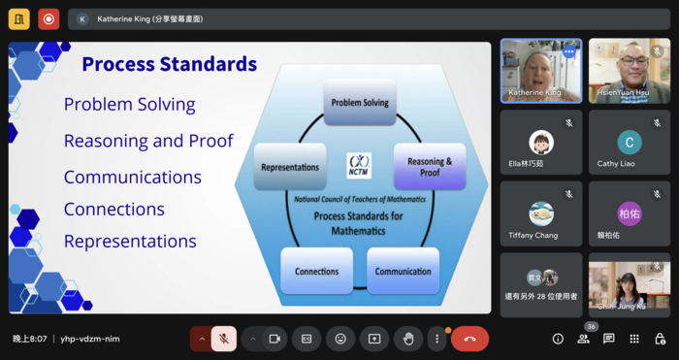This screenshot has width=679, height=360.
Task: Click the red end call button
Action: click(469, 339)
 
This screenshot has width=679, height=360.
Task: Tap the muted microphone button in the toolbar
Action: click(223, 339)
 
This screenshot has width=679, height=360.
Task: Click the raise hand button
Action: click(408, 339)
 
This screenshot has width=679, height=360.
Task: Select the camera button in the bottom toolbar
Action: click(275, 339)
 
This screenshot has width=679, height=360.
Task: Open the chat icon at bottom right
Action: click(608, 339)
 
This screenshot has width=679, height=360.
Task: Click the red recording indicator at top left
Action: click(48, 18)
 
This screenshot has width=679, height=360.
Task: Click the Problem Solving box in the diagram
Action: click(360, 103)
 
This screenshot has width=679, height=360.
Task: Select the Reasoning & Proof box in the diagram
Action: click(429, 167)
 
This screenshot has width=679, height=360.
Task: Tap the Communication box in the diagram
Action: click(403, 271)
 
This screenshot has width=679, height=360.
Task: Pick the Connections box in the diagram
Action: click(316, 271)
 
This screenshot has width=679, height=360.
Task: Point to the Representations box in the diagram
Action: click(290, 167)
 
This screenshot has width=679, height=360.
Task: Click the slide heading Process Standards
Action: click(169, 65)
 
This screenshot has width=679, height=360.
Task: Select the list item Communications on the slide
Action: click(132, 177)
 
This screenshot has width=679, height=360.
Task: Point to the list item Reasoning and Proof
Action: click(148, 141)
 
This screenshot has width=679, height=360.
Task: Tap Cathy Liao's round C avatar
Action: click(630, 142)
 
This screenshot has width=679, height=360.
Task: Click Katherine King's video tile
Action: click(540, 70)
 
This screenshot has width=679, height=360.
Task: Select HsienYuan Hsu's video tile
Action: click(630, 70)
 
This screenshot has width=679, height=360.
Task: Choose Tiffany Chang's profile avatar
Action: click(541, 213)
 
